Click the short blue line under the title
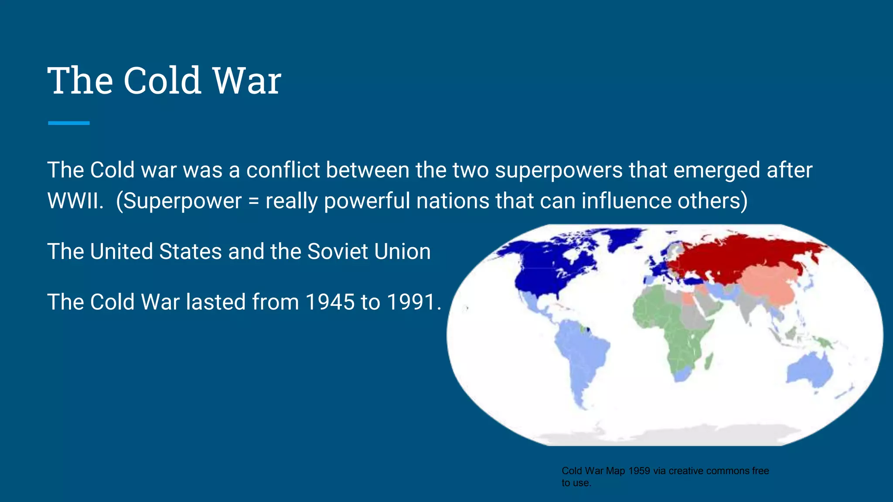[x=69, y=123]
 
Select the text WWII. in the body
[x=75, y=201]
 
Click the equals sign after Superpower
[x=253, y=202]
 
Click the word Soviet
[x=337, y=252]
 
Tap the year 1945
[x=330, y=302]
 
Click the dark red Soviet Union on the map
[x=741, y=257]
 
